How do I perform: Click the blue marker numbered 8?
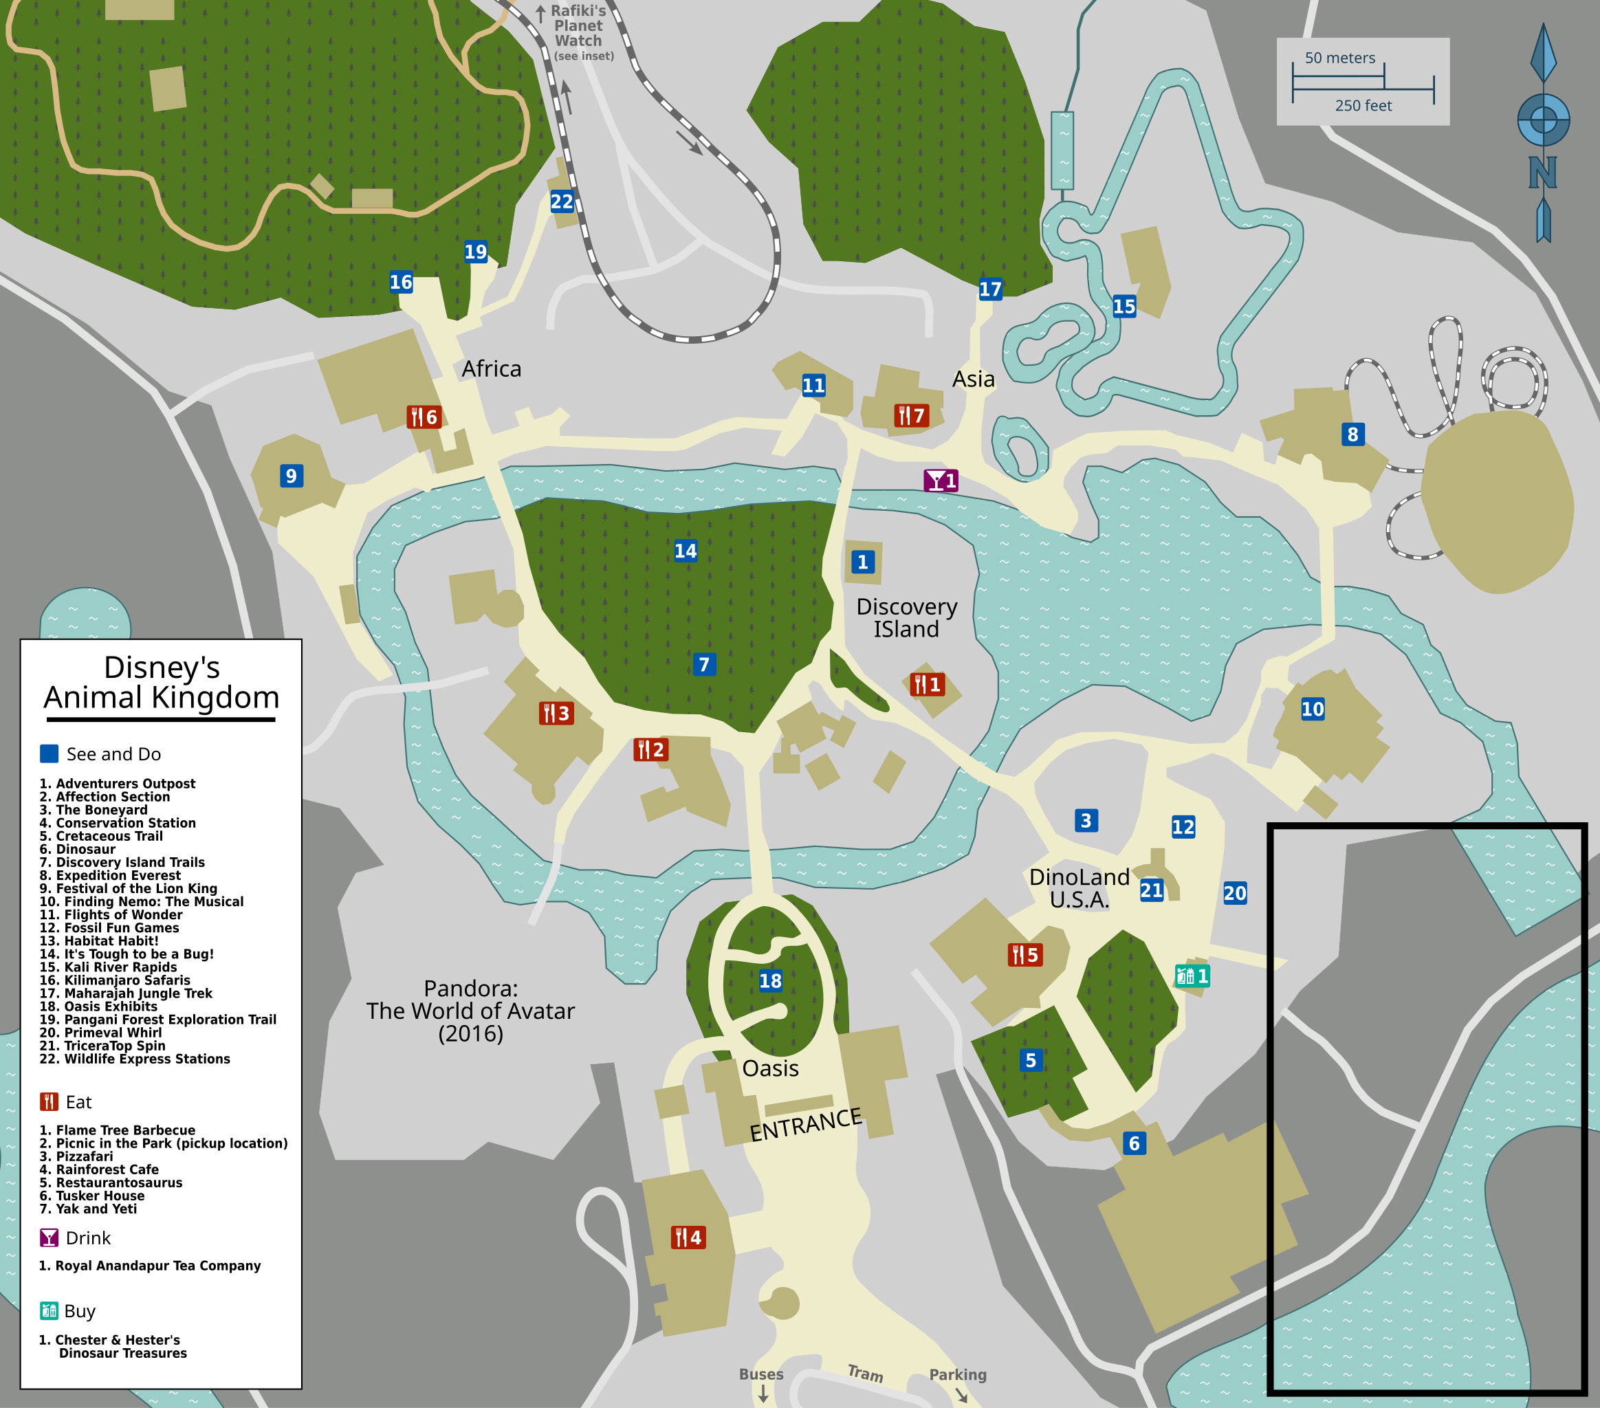[x=1352, y=434]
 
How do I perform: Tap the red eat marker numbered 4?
[x=689, y=1237]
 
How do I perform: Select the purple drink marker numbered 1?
[x=941, y=481]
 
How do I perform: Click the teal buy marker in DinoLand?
[x=1192, y=976]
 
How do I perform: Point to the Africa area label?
[x=491, y=368]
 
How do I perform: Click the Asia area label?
[x=973, y=379]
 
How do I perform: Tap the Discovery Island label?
[x=906, y=617]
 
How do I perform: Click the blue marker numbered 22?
[x=561, y=202]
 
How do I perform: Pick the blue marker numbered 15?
[x=1124, y=306]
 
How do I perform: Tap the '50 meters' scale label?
[x=1339, y=58]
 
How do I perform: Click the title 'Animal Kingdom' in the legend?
[x=162, y=696]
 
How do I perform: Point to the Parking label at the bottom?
[x=957, y=1374]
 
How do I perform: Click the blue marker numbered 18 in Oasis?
[x=770, y=980]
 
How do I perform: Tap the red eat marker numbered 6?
[x=424, y=417]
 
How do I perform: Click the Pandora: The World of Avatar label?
[x=470, y=1011]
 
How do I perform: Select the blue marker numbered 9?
[x=292, y=476]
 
